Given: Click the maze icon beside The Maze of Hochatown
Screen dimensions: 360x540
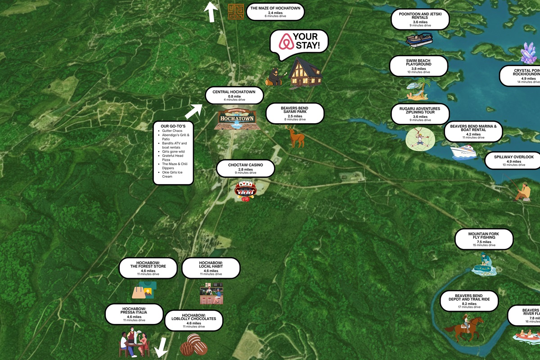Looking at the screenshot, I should [x=235, y=12].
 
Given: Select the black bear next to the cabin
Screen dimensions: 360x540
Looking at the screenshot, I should [x=274, y=77].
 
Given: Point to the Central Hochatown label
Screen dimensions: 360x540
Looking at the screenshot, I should [x=234, y=95].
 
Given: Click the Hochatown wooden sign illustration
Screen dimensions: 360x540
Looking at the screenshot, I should [x=237, y=119].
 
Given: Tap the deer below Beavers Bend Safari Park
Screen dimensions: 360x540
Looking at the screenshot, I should [x=296, y=136].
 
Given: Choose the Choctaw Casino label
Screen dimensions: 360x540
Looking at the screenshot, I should [x=245, y=168].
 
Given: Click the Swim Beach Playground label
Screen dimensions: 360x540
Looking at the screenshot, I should [x=418, y=66].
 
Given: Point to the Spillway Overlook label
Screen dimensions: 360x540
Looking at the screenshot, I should [x=513, y=160].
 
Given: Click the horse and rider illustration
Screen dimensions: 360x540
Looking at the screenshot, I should [x=464, y=327].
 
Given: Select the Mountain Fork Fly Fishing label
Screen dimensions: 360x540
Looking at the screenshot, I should [x=484, y=238].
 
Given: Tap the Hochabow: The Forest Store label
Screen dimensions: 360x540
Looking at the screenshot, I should [x=148, y=268].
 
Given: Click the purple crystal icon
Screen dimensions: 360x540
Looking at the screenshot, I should [x=528, y=54].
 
